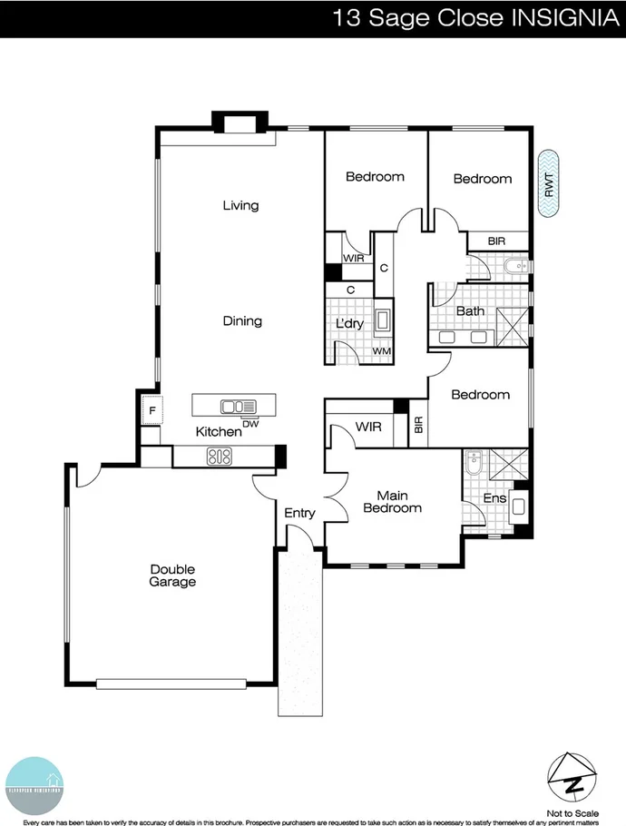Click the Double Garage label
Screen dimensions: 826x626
pos(172,575)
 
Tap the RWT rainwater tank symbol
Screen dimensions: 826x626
pos(549,184)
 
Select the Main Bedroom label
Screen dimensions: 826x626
pos(393,502)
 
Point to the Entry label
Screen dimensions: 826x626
pos(299,514)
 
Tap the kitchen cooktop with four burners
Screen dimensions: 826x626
pos(220,457)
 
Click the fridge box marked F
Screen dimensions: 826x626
pos(152,411)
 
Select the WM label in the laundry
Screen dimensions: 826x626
pos(381,351)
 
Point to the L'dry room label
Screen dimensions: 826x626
pos(349,324)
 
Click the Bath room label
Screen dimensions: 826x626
pos(470,311)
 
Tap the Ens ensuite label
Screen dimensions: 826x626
pos(494,498)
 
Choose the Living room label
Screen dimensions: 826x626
pos(240,206)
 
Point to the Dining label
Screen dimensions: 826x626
pos(242,321)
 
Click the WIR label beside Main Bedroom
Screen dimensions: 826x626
pos(367,426)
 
